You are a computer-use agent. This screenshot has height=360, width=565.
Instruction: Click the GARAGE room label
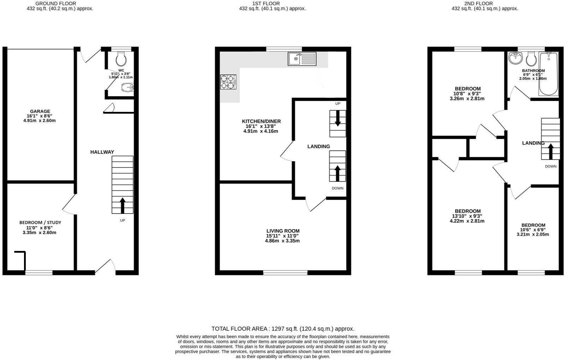[x=40, y=111]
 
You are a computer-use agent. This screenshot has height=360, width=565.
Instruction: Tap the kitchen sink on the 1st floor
[x=302, y=59]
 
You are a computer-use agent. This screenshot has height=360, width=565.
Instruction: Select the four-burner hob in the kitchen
[x=228, y=82]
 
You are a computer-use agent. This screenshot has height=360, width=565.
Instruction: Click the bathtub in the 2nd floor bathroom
[x=549, y=74]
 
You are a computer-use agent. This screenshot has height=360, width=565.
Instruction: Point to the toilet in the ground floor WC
[x=121, y=59]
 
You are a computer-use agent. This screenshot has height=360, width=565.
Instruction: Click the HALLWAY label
[x=102, y=152]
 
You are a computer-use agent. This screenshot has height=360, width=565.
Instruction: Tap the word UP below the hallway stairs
[x=122, y=220]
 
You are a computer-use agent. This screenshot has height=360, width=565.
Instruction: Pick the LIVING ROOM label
[x=283, y=231]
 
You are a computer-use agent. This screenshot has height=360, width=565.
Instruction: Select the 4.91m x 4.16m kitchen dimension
[x=261, y=131]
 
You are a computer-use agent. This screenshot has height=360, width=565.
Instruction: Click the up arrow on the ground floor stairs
[x=123, y=205]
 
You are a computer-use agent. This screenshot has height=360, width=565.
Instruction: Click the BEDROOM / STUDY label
[x=40, y=223]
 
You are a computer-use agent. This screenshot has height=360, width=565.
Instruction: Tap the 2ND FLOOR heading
[x=478, y=4]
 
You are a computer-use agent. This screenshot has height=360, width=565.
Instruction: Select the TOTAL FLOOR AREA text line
[x=283, y=329]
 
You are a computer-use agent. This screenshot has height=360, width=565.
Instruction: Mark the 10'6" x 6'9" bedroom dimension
[x=533, y=230]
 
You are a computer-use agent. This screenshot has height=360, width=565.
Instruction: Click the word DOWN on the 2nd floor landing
[x=551, y=166]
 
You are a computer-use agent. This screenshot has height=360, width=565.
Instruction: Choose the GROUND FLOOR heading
[x=56, y=4]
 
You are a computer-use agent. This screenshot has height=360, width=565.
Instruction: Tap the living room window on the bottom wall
[x=286, y=272]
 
